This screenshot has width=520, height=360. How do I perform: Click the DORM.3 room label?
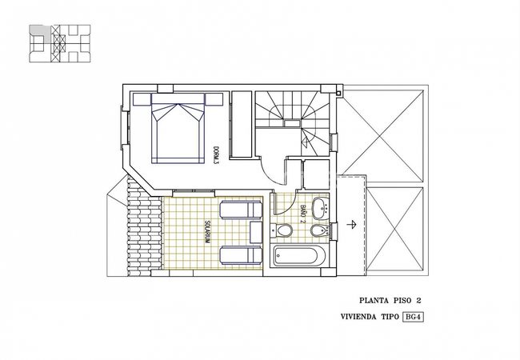pyautogui.click(x=216, y=155)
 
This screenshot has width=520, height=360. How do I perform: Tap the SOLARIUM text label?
pyautogui.click(x=206, y=232)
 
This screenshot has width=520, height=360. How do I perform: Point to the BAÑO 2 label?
pyautogui.click(x=302, y=214)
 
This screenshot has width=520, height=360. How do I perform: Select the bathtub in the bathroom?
pyautogui.click(x=297, y=256)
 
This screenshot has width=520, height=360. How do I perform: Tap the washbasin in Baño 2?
pyautogui.click(x=321, y=208)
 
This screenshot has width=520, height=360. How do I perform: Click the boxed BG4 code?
pyautogui.click(x=414, y=317)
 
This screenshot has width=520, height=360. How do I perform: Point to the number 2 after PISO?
pyautogui.click(x=418, y=301)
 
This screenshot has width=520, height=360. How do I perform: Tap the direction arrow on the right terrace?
pyautogui.click(x=351, y=225)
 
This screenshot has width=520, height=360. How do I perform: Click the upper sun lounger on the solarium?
pyautogui.click(x=241, y=210)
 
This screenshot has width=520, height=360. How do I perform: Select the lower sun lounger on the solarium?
pyautogui.click(x=241, y=255)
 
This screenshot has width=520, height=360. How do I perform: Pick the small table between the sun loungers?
pyautogui.click(x=256, y=232)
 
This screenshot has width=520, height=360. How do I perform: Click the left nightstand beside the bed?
pyautogui.click(x=142, y=99)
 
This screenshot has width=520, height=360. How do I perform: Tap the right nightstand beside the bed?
pyautogui.click(x=214, y=99)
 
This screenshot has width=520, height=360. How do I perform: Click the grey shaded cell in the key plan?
pyautogui.click(x=41, y=32)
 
